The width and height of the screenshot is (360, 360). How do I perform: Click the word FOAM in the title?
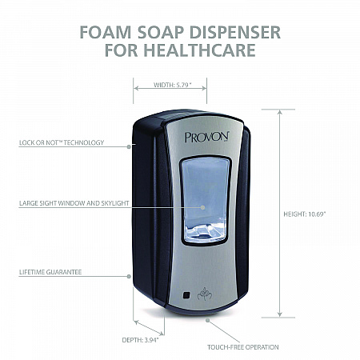point(105,32)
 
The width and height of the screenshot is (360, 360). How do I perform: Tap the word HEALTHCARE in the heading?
point(199,50)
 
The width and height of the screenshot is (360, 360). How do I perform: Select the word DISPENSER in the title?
point(235,32)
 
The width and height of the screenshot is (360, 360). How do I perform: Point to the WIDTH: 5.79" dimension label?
point(173,85)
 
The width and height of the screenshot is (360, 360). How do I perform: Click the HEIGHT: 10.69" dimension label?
point(305,214)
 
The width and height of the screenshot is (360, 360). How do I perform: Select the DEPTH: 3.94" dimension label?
point(140,340)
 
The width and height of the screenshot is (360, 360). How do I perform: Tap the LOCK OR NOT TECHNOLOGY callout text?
point(62,142)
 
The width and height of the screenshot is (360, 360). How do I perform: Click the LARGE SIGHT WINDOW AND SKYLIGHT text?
point(74,203)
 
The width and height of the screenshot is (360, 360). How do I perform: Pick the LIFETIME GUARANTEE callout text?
point(50,272)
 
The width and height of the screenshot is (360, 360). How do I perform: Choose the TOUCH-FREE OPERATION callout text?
point(243,347)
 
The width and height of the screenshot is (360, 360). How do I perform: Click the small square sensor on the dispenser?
point(186,295)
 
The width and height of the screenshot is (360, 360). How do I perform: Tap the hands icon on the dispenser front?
point(205,294)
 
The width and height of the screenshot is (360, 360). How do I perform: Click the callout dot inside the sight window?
point(202,207)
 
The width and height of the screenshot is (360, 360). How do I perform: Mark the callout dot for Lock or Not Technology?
point(129,146)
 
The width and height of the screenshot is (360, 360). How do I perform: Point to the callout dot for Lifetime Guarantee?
point(129,277)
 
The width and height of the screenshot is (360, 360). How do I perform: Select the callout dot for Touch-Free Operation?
point(207,320)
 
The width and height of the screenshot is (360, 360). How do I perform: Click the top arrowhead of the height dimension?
point(279,112)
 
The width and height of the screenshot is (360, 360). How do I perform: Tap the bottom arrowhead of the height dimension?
point(279,314)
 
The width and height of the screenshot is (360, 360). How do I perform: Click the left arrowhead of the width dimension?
point(136,88)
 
